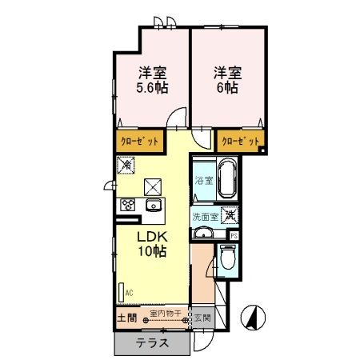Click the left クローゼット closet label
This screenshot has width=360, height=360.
coord(139,141)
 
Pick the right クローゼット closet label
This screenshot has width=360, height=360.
coord(241,141)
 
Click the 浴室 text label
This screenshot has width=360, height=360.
coord(204,181)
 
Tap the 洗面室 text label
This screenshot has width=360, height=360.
coord(203,216)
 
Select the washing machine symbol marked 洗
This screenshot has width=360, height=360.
coord(229,214)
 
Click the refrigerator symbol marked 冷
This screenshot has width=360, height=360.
coord(126,165)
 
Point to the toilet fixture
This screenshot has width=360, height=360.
coord(227,258)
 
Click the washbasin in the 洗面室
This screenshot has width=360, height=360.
coord(205,233)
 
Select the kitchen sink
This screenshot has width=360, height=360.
coord(152,206)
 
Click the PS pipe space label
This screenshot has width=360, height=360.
coord(234,235)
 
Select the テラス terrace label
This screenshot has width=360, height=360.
coord(151,343)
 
